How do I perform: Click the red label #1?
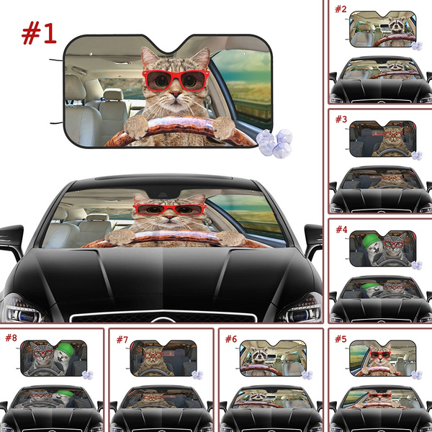[40, 32]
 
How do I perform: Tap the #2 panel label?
[340, 9]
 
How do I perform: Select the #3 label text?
[340, 118]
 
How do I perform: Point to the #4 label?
[340, 230]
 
